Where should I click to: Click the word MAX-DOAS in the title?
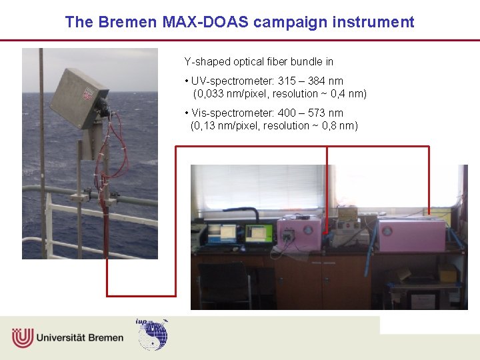tap(205, 22)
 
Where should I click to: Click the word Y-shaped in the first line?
tap(207, 61)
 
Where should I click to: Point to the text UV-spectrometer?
tap(227, 81)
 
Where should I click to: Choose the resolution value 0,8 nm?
tap(343, 126)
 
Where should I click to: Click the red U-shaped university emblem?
tap(22, 337)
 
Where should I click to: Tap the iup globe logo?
tap(153, 335)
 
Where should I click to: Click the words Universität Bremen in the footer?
tap(80, 337)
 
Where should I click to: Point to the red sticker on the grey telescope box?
tap(87, 94)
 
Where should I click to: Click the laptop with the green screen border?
tap(259, 234)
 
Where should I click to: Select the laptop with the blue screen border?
tap(223, 233)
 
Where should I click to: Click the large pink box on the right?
tap(411, 234)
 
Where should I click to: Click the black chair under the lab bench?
tap(223, 283)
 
